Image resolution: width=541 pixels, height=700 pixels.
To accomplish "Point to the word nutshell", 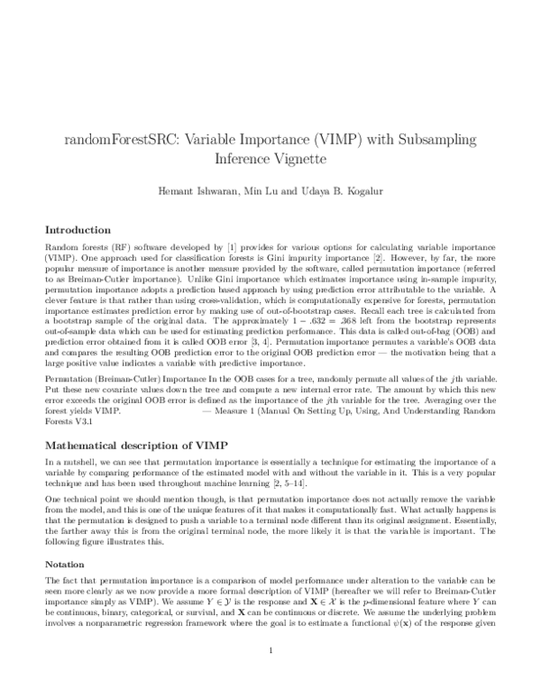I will coord(69,462).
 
